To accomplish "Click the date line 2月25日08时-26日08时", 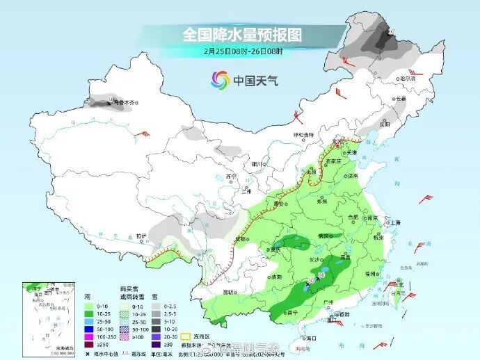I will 242,51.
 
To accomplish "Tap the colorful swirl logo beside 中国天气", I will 219,81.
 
